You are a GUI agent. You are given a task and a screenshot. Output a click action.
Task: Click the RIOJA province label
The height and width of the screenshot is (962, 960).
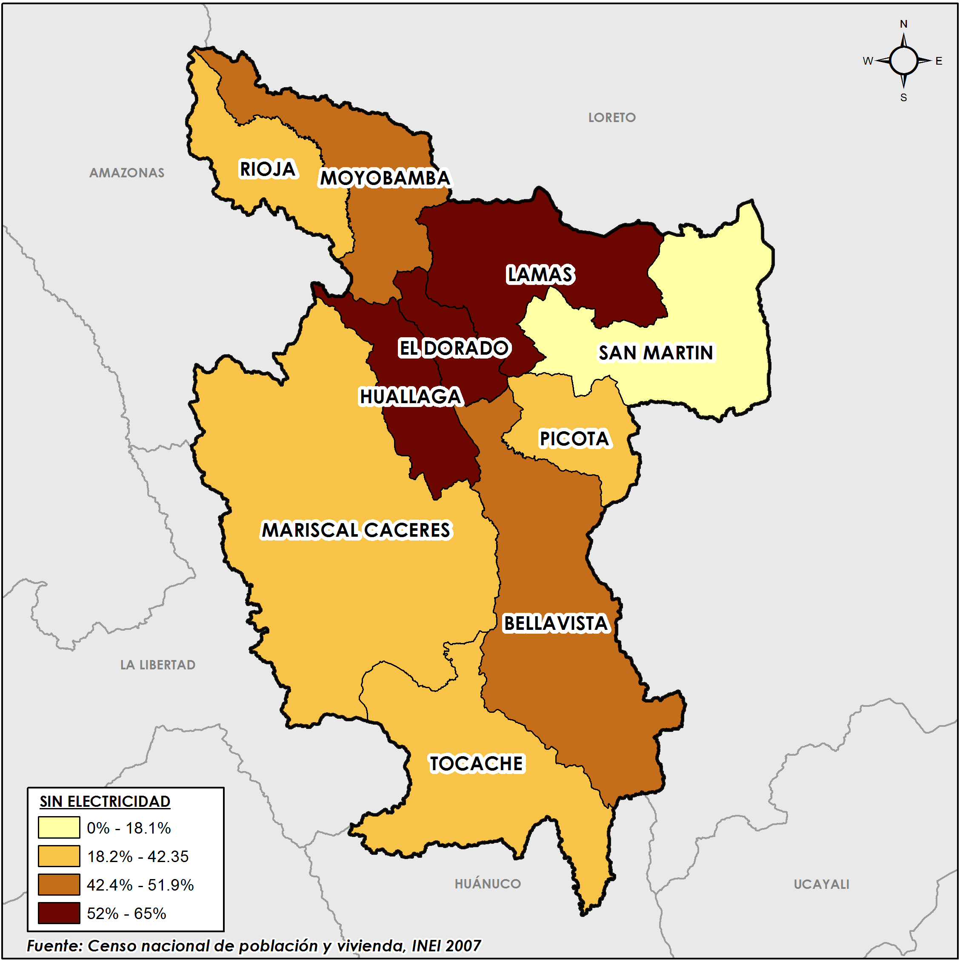(268, 169)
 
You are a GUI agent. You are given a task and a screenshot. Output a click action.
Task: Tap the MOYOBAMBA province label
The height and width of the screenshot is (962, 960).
(385, 178)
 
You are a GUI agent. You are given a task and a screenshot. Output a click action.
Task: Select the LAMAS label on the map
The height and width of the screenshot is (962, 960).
(540, 275)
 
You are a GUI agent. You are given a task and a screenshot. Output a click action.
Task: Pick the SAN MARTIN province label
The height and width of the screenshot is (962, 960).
(656, 353)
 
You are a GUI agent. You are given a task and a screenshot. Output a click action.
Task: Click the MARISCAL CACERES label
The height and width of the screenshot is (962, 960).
(356, 530)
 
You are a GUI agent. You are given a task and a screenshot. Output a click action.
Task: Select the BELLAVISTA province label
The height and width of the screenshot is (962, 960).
(556, 624)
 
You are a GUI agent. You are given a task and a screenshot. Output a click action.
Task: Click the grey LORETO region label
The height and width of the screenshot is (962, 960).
(612, 118)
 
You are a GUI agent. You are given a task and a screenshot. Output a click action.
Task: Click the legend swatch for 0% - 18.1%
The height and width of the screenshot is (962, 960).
(59, 828)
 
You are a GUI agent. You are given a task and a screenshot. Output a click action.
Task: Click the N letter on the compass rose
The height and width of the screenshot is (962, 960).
(903, 24)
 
